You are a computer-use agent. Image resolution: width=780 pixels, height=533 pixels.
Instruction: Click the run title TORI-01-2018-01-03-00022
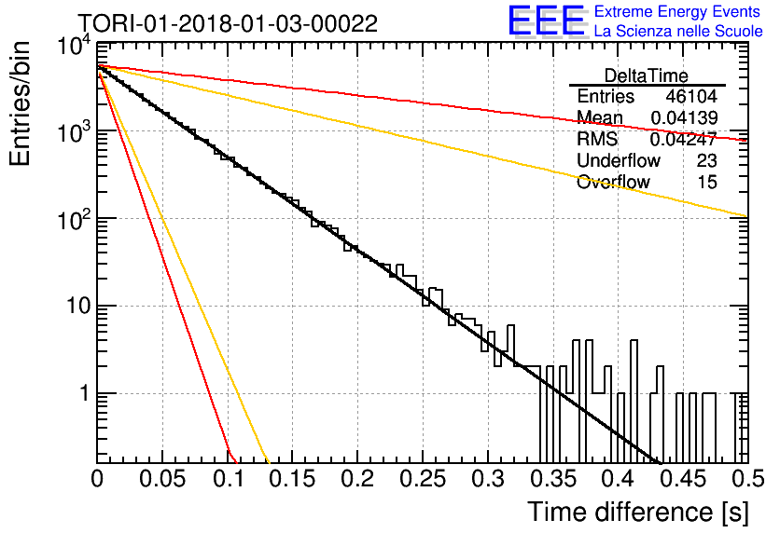click(x=228, y=23)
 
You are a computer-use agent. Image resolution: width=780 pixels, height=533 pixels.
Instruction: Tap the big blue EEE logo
click(x=546, y=20)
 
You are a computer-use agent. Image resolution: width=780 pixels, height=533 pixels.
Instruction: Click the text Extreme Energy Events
click(x=677, y=11)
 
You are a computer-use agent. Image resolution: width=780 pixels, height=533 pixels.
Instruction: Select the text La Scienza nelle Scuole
click(x=678, y=32)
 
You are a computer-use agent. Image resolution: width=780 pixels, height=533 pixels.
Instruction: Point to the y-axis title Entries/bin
click(x=20, y=103)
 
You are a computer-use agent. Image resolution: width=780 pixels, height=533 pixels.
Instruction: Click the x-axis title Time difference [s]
click(x=638, y=512)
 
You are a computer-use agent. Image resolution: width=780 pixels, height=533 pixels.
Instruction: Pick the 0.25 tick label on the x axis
click(x=423, y=479)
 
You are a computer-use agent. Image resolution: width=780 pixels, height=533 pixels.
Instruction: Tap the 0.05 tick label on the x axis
click(x=162, y=479)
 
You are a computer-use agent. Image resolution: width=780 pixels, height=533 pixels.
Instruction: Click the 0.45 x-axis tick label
click(x=683, y=479)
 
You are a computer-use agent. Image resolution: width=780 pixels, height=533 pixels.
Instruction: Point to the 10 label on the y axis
click(x=78, y=306)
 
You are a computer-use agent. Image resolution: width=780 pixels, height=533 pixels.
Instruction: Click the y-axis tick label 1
click(x=85, y=393)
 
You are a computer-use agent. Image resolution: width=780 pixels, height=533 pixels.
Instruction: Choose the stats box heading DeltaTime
click(x=647, y=75)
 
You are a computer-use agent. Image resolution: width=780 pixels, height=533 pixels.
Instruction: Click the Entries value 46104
click(x=691, y=96)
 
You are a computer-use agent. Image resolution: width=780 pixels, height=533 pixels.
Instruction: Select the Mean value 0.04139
click(x=684, y=117)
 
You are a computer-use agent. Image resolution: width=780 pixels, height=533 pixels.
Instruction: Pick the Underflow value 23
click(x=706, y=160)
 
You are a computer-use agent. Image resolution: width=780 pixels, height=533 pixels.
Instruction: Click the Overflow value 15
click(x=707, y=182)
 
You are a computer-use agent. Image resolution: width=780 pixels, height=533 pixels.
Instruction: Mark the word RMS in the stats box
click(x=597, y=139)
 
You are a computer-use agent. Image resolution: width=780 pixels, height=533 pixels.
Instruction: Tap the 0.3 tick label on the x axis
click(x=487, y=479)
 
